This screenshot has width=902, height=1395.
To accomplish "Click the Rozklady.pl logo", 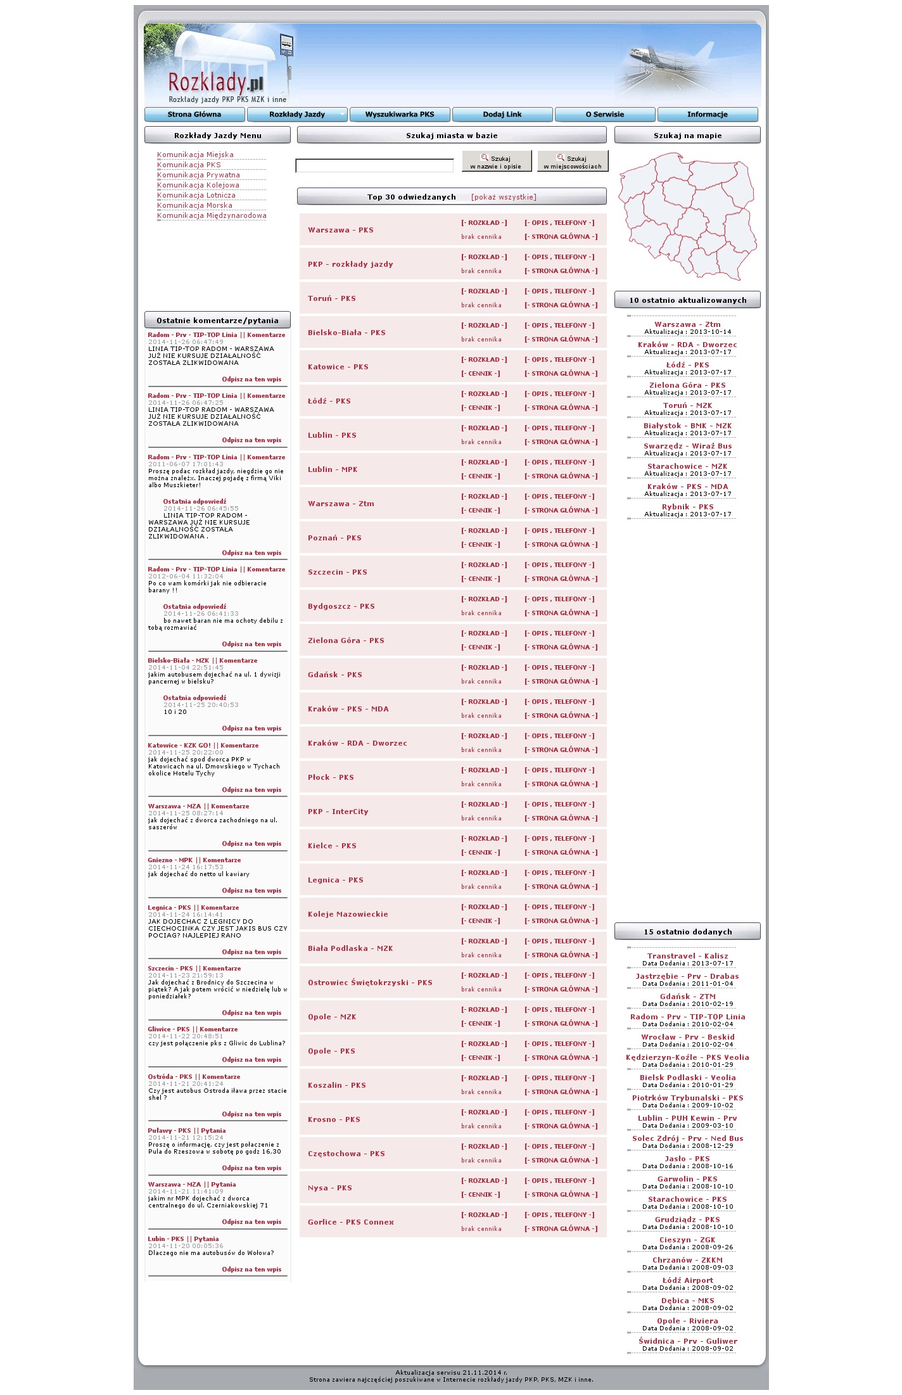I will (215, 84).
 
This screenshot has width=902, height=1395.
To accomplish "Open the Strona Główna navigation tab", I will (194, 115).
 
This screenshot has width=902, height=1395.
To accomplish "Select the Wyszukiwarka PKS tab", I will (400, 115).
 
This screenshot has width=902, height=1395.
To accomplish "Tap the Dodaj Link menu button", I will (502, 115).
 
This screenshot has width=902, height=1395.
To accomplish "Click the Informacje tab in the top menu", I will (708, 115).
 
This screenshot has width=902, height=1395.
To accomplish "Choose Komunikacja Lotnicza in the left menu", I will (196, 195).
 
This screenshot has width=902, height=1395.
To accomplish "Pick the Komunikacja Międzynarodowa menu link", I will (212, 215).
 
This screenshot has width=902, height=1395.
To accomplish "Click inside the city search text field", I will (374, 166).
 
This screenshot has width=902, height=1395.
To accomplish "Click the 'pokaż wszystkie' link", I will (504, 197).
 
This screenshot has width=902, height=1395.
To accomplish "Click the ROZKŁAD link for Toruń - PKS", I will (484, 291).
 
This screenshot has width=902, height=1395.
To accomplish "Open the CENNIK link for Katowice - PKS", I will (480, 374).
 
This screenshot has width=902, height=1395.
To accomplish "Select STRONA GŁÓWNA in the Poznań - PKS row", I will (561, 545).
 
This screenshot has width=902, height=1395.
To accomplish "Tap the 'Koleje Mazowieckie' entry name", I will (348, 914).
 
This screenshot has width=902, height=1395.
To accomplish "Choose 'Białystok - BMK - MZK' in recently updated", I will (687, 426).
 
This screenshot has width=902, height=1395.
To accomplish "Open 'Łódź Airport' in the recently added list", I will (687, 1280).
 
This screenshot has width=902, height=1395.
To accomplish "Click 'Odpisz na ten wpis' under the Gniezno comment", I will (251, 891).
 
